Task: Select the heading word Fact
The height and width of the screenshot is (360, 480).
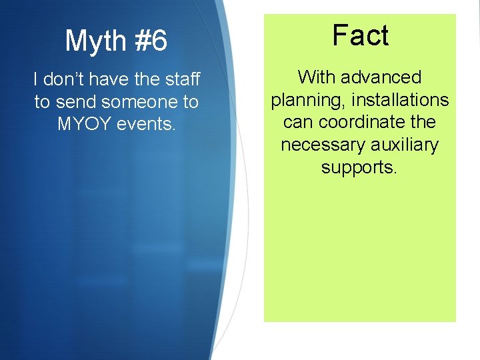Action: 360,35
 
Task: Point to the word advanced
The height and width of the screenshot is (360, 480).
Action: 381,77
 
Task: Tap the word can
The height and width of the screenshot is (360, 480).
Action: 297,123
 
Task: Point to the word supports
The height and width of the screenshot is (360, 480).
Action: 359,167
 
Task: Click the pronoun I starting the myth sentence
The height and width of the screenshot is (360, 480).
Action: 36,80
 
